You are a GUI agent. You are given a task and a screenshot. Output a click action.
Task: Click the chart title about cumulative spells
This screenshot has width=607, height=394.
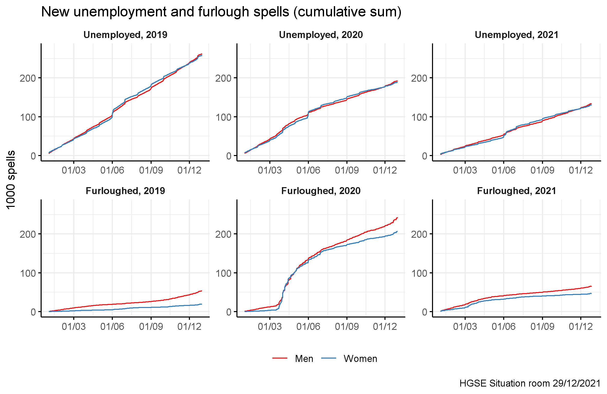click(x=221, y=12)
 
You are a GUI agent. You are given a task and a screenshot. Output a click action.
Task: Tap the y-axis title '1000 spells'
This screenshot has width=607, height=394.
click(x=11, y=180)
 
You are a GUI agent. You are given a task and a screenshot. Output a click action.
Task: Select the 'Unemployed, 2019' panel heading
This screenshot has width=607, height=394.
click(x=125, y=35)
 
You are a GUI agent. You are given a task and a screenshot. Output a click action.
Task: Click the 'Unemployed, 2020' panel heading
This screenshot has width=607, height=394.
click(x=321, y=35)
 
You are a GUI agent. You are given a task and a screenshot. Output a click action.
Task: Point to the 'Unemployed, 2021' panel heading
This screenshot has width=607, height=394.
click(x=517, y=35)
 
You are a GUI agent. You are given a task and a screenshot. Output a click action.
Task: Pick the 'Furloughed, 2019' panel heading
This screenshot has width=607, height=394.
click(x=125, y=191)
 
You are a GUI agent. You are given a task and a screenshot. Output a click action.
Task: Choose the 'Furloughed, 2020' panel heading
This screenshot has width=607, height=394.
click(x=321, y=191)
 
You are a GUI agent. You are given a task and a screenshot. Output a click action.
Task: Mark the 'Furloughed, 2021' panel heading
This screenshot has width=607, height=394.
click(x=517, y=191)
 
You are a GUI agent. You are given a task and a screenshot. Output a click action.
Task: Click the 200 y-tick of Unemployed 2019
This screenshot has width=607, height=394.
click(x=27, y=78)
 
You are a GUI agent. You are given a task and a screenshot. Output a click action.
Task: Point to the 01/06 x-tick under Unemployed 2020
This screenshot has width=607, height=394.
click(x=308, y=170)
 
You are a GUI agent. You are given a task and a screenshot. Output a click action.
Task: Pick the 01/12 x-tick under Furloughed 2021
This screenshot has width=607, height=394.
click(x=581, y=326)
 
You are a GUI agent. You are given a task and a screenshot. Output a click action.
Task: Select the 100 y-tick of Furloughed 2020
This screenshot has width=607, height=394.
click(x=223, y=273)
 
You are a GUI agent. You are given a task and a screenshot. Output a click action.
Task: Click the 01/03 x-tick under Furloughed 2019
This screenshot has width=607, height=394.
click(x=74, y=326)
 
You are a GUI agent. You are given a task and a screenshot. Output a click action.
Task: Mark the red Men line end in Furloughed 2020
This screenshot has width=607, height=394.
click(x=397, y=218)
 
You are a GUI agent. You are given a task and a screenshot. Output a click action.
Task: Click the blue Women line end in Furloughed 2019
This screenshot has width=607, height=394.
click(x=201, y=304)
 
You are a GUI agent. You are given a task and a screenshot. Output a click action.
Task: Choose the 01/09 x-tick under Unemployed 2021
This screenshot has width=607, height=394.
click(x=542, y=170)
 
